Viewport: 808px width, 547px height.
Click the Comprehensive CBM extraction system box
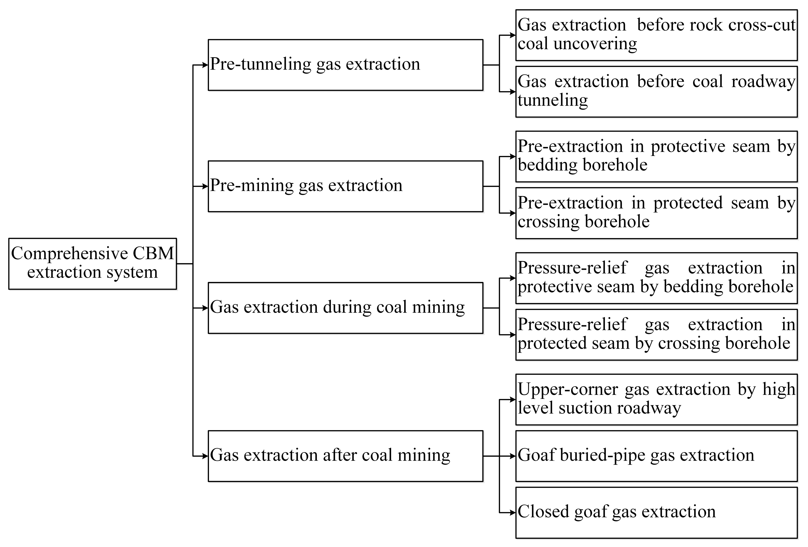[x=92, y=263]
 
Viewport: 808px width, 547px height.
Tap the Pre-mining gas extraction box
[x=345, y=186]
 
